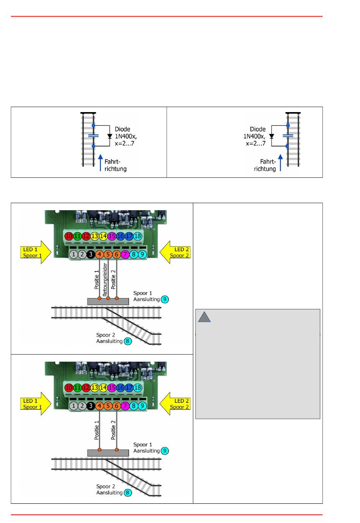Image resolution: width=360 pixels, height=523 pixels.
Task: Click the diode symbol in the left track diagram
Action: point(110,136)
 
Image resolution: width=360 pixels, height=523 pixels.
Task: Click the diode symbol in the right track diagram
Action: point(271,136)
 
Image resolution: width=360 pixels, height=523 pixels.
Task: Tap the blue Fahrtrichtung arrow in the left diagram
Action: point(100,162)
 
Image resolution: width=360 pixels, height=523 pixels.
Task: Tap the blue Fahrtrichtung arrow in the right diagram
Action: point(280,162)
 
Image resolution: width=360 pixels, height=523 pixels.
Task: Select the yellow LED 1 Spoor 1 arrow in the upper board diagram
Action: point(36,252)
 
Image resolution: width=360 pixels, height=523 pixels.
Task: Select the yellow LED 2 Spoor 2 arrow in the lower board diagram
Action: point(175,404)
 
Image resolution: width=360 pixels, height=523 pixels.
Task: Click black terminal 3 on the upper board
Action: point(91,254)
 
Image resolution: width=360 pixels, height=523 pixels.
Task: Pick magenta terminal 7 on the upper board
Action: point(125,254)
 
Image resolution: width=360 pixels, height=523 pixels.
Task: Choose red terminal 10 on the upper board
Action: point(69,236)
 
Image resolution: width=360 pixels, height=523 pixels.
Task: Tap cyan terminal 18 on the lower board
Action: point(138,387)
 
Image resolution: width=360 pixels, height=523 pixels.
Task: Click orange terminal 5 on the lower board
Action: point(108,406)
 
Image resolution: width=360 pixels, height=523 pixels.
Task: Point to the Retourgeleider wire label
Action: point(105,279)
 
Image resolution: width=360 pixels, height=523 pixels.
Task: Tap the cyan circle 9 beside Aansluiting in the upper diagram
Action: point(165,299)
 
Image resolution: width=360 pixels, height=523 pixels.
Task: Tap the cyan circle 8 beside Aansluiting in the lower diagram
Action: point(128,493)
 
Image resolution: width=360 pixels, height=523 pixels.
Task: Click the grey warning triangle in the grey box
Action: point(204,317)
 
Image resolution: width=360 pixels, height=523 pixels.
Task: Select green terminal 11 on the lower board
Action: point(77,387)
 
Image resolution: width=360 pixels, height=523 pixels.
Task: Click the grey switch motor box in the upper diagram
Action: point(108,301)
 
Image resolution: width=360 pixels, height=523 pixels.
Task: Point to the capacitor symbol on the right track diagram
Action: point(288,136)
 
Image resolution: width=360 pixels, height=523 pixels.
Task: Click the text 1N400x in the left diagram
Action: point(126,136)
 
